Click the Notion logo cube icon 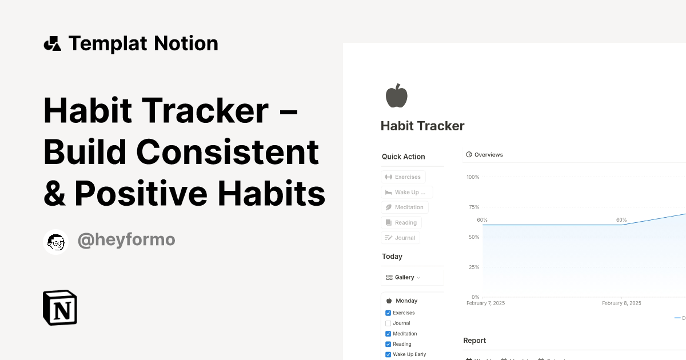60,308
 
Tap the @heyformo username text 126,241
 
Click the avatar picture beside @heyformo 56,242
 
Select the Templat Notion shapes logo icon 53,43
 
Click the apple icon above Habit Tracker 396,95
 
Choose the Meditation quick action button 404,207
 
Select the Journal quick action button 400,238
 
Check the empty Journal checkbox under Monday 388,323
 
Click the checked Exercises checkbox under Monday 388,313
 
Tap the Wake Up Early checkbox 388,355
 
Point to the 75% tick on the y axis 473,207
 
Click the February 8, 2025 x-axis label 621,303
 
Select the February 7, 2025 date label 485,303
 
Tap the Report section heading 474,341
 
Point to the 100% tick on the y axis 473,177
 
